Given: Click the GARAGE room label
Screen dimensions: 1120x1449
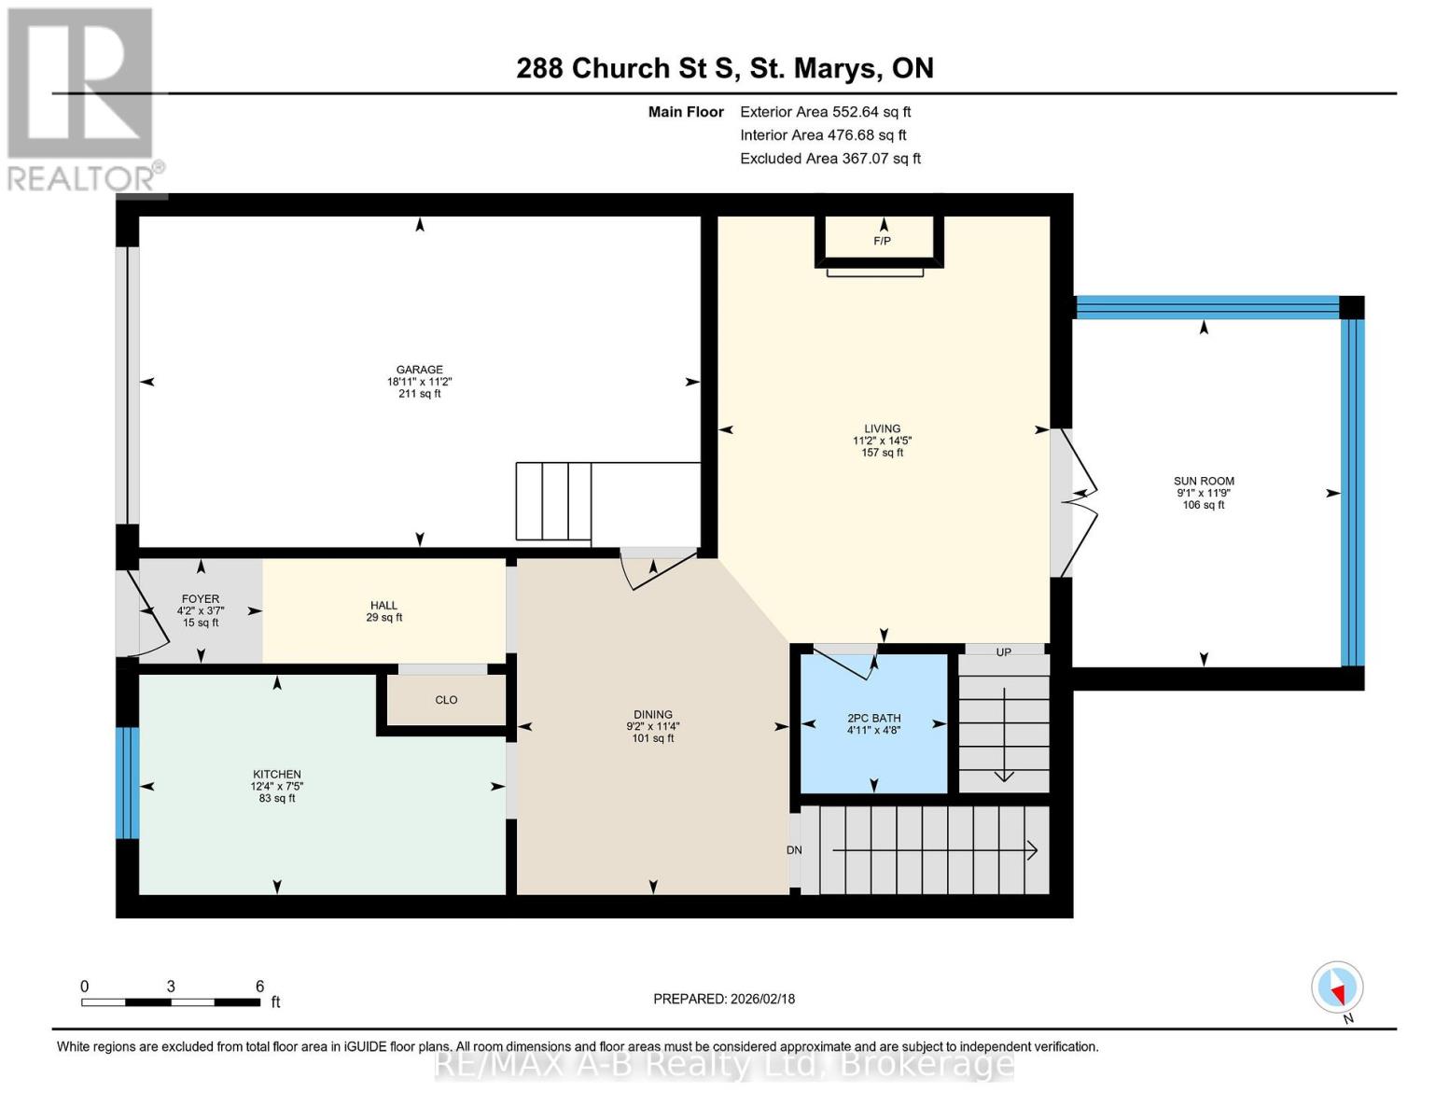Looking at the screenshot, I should (x=419, y=370).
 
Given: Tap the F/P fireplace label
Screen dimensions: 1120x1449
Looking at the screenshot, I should (x=882, y=242).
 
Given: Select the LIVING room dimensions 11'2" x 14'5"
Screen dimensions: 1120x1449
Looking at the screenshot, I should (x=882, y=441).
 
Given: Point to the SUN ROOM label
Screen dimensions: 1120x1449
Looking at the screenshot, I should (x=1204, y=482).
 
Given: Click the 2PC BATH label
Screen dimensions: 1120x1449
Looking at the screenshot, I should (x=873, y=719).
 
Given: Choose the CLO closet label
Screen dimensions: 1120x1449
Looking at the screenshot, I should (x=446, y=700).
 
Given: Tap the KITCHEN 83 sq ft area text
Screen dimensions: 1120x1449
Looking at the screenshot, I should (x=277, y=798).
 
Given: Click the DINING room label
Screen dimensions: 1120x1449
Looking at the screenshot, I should (x=652, y=715).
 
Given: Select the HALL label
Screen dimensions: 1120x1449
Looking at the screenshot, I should (x=383, y=606).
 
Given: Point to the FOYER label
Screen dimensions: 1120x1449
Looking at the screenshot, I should (x=201, y=599).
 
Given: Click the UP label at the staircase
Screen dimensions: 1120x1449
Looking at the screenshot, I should (x=1003, y=652).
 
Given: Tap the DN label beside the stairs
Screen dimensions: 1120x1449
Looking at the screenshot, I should (x=794, y=850).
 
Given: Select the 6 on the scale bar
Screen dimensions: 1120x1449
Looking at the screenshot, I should (x=259, y=987).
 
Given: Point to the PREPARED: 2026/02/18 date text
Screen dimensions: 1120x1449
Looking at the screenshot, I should (x=724, y=999).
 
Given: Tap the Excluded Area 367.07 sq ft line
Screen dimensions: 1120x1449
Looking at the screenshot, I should (x=829, y=159).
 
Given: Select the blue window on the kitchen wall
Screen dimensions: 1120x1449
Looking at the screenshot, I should (x=128, y=783).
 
